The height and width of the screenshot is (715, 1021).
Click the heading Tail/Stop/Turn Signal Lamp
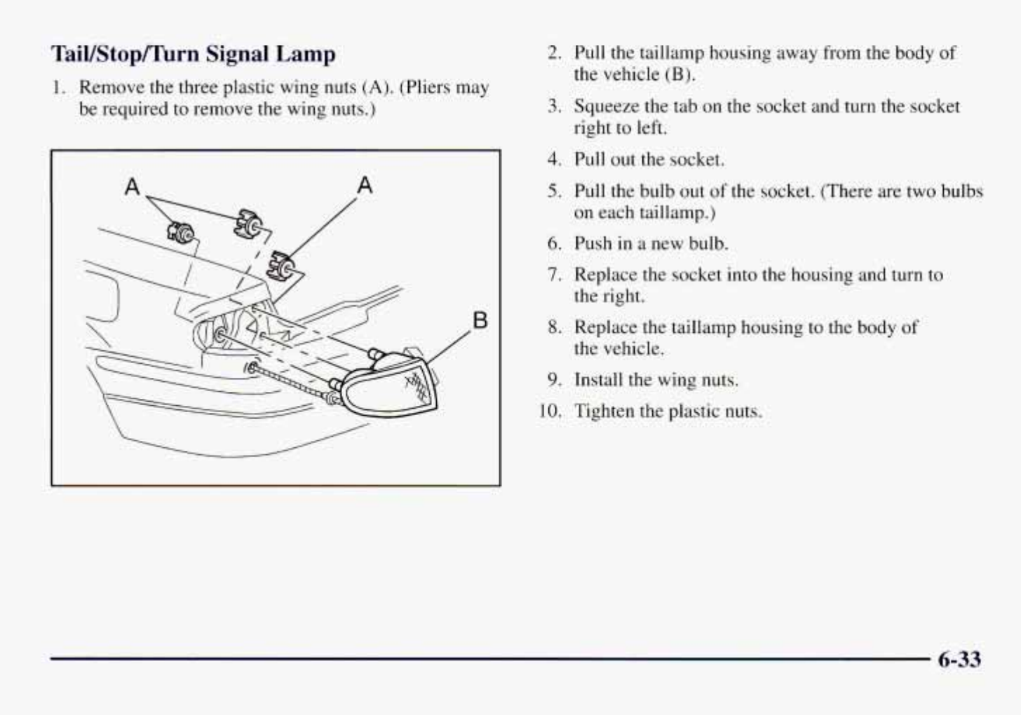click(193, 54)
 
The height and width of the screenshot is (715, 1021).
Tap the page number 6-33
click(959, 660)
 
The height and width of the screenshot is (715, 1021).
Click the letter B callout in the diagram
click(480, 320)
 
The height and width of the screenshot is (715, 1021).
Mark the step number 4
click(554, 159)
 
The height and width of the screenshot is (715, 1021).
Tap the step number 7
click(554, 275)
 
